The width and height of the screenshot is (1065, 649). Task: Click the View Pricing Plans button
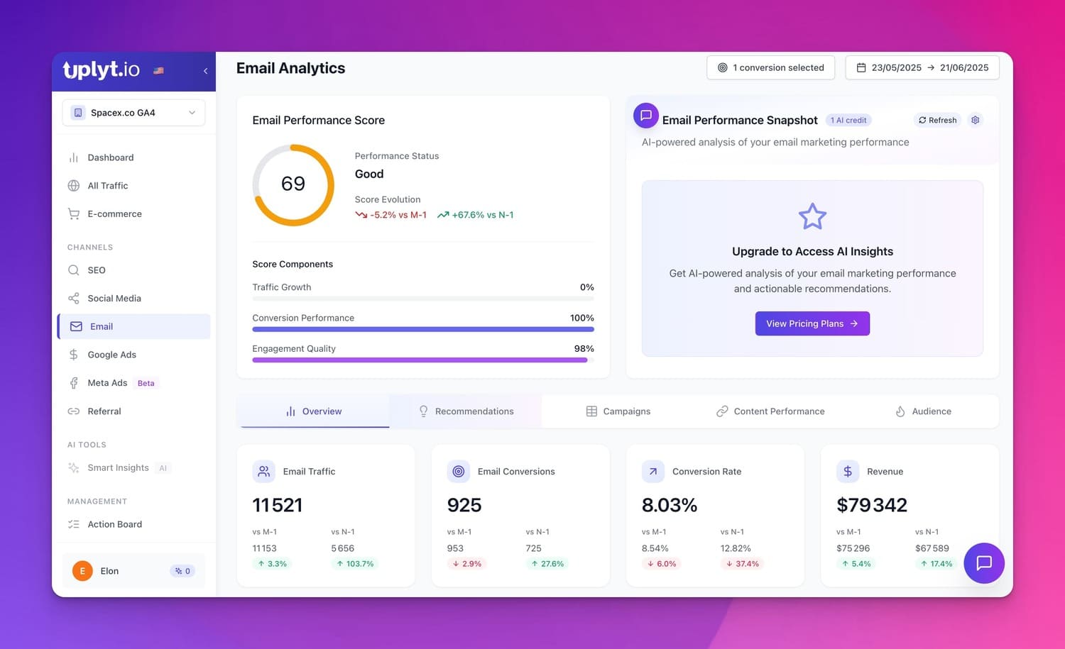point(812,323)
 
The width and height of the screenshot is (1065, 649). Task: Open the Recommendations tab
point(466,411)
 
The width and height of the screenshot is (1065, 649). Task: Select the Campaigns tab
point(618,411)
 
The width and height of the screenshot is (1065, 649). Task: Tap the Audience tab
point(923,411)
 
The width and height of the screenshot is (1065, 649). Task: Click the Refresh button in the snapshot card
point(937,120)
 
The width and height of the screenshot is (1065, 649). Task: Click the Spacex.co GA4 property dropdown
point(133,113)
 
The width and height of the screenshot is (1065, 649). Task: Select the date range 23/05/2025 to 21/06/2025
point(922,67)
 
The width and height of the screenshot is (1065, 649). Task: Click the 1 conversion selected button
point(770,67)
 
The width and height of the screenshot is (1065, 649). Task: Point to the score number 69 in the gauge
point(293,184)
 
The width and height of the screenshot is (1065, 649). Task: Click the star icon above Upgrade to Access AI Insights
point(812,216)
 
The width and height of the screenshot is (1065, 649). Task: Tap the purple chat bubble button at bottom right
point(983,563)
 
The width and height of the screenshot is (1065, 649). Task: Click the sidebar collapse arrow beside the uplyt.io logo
point(205,71)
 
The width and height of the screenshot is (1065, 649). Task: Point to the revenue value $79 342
point(871,504)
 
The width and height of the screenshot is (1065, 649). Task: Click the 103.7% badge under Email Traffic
point(355,564)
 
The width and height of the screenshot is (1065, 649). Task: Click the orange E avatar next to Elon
point(82,570)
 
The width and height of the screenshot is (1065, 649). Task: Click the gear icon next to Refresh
point(975,120)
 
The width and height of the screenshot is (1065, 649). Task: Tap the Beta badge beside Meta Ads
point(146,383)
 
